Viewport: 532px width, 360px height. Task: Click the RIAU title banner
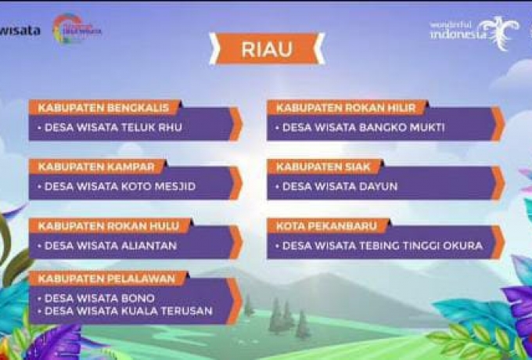coord(266,49)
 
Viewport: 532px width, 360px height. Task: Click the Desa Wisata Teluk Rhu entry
coord(110,127)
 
